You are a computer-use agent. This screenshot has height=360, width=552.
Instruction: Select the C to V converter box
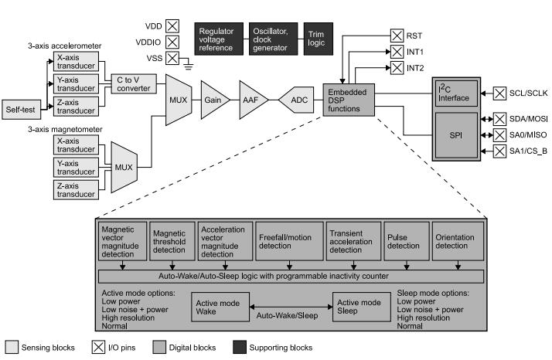(135, 83)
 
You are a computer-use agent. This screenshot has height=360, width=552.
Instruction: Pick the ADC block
(298, 100)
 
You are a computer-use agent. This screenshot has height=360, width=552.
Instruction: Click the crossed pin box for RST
(397, 35)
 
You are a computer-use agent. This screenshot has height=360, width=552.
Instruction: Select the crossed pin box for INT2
(397, 67)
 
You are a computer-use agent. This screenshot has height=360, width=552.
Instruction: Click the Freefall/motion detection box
(285, 242)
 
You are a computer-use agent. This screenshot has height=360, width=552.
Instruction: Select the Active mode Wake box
(219, 306)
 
